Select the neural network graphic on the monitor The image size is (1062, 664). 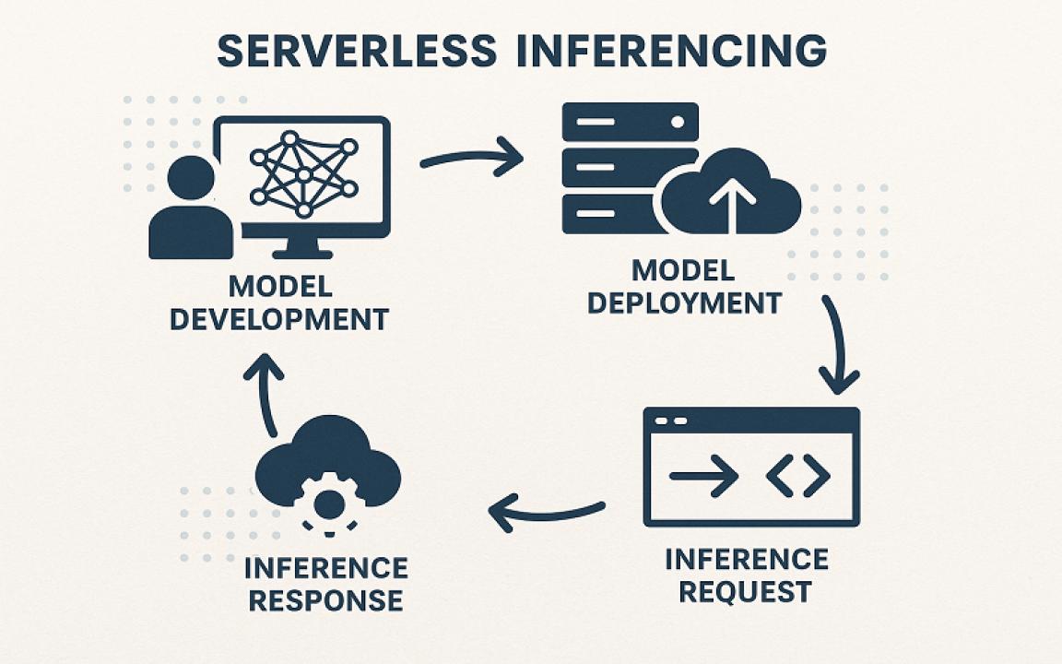302,172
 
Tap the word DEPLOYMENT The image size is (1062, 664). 684,302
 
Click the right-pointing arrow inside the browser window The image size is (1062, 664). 703,476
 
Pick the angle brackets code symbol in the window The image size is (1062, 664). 798,476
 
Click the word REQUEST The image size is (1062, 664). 745,590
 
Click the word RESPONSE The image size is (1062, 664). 326,600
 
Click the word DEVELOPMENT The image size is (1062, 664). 279,319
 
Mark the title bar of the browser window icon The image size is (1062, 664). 751,421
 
